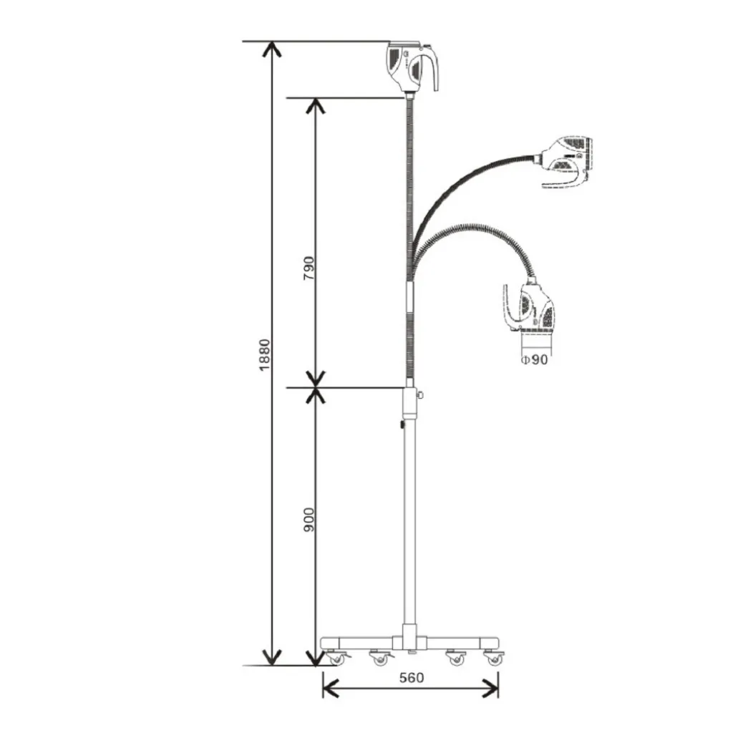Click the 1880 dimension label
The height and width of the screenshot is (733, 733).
tap(265, 355)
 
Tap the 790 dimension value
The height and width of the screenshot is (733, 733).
tap(309, 268)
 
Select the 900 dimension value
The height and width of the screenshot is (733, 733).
tap(309, 520)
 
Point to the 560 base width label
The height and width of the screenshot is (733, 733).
tap(412, 677)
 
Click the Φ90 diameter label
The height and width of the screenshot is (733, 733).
tap(534, 359)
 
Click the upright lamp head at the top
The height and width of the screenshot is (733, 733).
tap(412, 67)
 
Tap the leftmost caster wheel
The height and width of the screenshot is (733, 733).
tap(336, 659)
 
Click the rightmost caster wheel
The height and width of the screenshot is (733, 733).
tap(494, 659)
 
